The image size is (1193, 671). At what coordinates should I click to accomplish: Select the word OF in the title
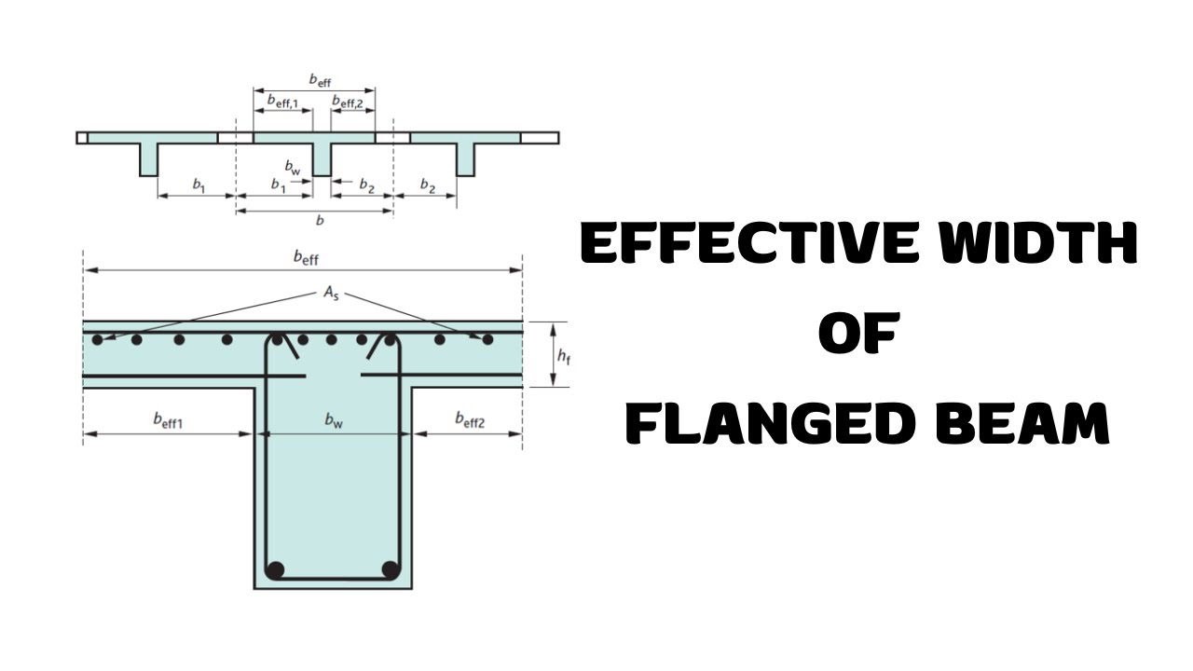[859, 333]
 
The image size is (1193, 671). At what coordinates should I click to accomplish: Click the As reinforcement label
[331, 294]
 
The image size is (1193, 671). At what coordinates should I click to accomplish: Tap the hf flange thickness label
[564, 356]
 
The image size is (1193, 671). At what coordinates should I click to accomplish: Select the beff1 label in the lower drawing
[168, 420]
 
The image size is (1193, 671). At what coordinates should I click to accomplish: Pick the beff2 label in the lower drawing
[470, 420]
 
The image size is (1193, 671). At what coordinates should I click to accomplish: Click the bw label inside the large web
[334, 420]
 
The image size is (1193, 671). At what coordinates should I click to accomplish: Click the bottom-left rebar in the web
[275, 570]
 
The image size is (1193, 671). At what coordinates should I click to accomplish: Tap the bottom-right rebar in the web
[391, 570]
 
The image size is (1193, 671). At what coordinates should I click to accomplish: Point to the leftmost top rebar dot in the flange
[98, 339]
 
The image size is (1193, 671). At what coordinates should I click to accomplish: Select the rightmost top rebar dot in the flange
[487, 339]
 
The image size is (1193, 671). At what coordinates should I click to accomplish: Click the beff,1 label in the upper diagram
[282, 102]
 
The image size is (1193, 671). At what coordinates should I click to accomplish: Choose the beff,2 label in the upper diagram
[348, 102]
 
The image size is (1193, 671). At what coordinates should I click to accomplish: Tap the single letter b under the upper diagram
[320, 220]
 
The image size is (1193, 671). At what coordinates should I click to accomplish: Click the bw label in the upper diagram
[293, 167]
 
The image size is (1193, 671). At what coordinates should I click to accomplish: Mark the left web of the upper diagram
[149, 159]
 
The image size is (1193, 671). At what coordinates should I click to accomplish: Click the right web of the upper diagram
[466, 159]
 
